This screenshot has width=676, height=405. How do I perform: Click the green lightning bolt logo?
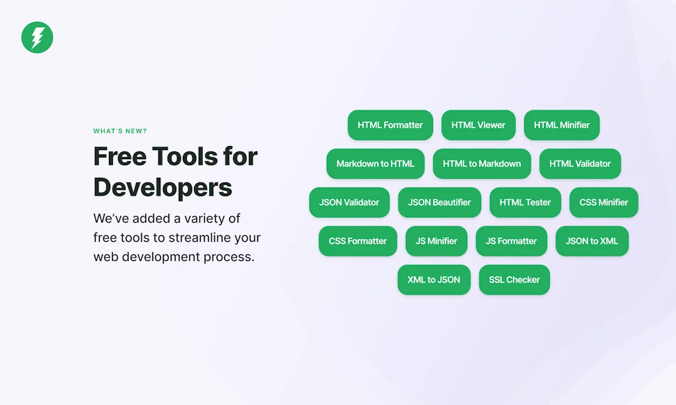[37, 38]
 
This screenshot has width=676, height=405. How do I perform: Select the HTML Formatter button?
[390, 125]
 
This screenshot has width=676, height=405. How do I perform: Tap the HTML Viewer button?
[478, 125]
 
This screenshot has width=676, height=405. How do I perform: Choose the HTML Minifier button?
[561, 125]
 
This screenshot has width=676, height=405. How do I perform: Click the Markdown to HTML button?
[375, 164]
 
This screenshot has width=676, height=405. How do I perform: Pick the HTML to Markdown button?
[481, 164]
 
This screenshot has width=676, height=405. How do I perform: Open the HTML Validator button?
[580, 164]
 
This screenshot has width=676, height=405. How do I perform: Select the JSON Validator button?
[349, 202]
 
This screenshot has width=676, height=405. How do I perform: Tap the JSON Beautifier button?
[439, 202]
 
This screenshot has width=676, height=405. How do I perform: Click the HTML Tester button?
[525, 202]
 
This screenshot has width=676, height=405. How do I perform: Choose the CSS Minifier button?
[603, 202]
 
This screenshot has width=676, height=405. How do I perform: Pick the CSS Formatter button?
[358, 241]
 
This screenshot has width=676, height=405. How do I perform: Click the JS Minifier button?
[436, 241]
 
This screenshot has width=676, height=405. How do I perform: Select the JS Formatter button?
[512, 241]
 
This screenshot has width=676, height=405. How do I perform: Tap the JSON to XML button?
[592, 241]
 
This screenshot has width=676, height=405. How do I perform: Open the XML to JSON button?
[434, 280]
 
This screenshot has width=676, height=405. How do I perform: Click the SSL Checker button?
[514, 280]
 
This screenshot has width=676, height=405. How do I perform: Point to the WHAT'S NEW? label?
[120, 131]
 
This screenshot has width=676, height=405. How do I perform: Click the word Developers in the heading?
[162, 188]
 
